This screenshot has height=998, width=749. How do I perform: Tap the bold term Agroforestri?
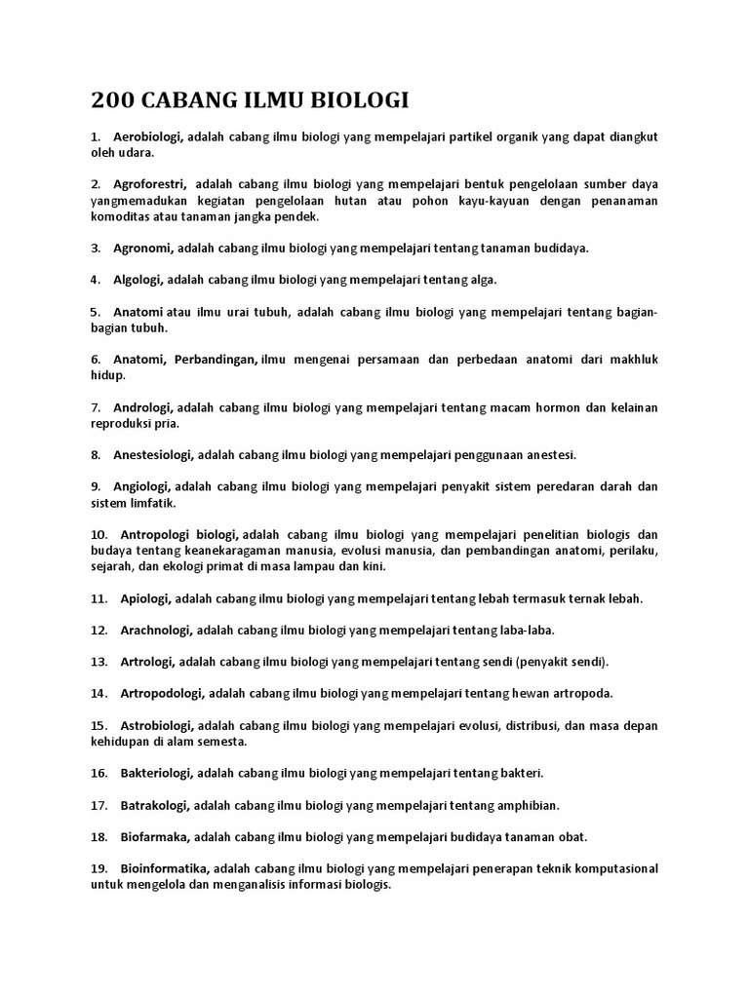(x=149, y=184)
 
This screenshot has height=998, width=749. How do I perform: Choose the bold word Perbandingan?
(x=216, y=359)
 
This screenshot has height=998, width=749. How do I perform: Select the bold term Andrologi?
(x=143, y=406)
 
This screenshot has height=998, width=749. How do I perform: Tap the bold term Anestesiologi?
(x=155, y=454)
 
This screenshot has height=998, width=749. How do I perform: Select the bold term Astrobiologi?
(x=158, y=725)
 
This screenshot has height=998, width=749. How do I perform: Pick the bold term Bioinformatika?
(x=165, y=868)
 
